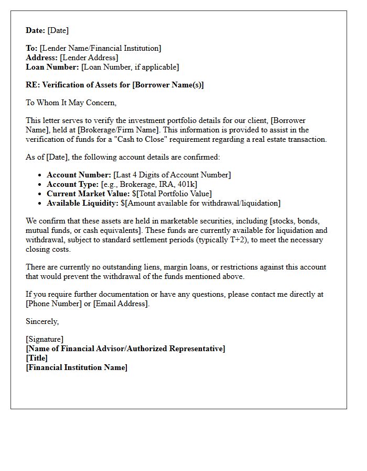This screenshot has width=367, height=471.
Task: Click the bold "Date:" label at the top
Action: click(36, 30)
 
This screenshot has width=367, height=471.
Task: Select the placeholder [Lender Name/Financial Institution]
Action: click(100, 48)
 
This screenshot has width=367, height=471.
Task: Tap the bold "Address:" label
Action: click(42, 58)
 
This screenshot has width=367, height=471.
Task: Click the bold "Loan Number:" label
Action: click(52, 67)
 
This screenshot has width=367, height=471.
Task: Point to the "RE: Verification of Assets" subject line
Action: click(115, 85)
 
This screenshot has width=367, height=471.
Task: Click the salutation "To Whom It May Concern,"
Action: click(71, 103)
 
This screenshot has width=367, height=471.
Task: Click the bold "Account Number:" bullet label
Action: click(79, 175)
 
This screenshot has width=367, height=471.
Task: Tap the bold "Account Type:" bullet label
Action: click(72, 184)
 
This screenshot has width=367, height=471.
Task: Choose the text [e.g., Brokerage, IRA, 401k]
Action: click(149, 184)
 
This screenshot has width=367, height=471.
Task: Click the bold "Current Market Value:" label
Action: click(88, 194)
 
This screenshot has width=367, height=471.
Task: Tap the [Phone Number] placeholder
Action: click(51, 304)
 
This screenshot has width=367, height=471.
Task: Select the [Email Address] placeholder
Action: click(121, 304)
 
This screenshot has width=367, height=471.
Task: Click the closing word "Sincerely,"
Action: click(42, 321)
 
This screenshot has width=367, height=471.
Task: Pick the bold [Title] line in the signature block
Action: click(37, 358)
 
